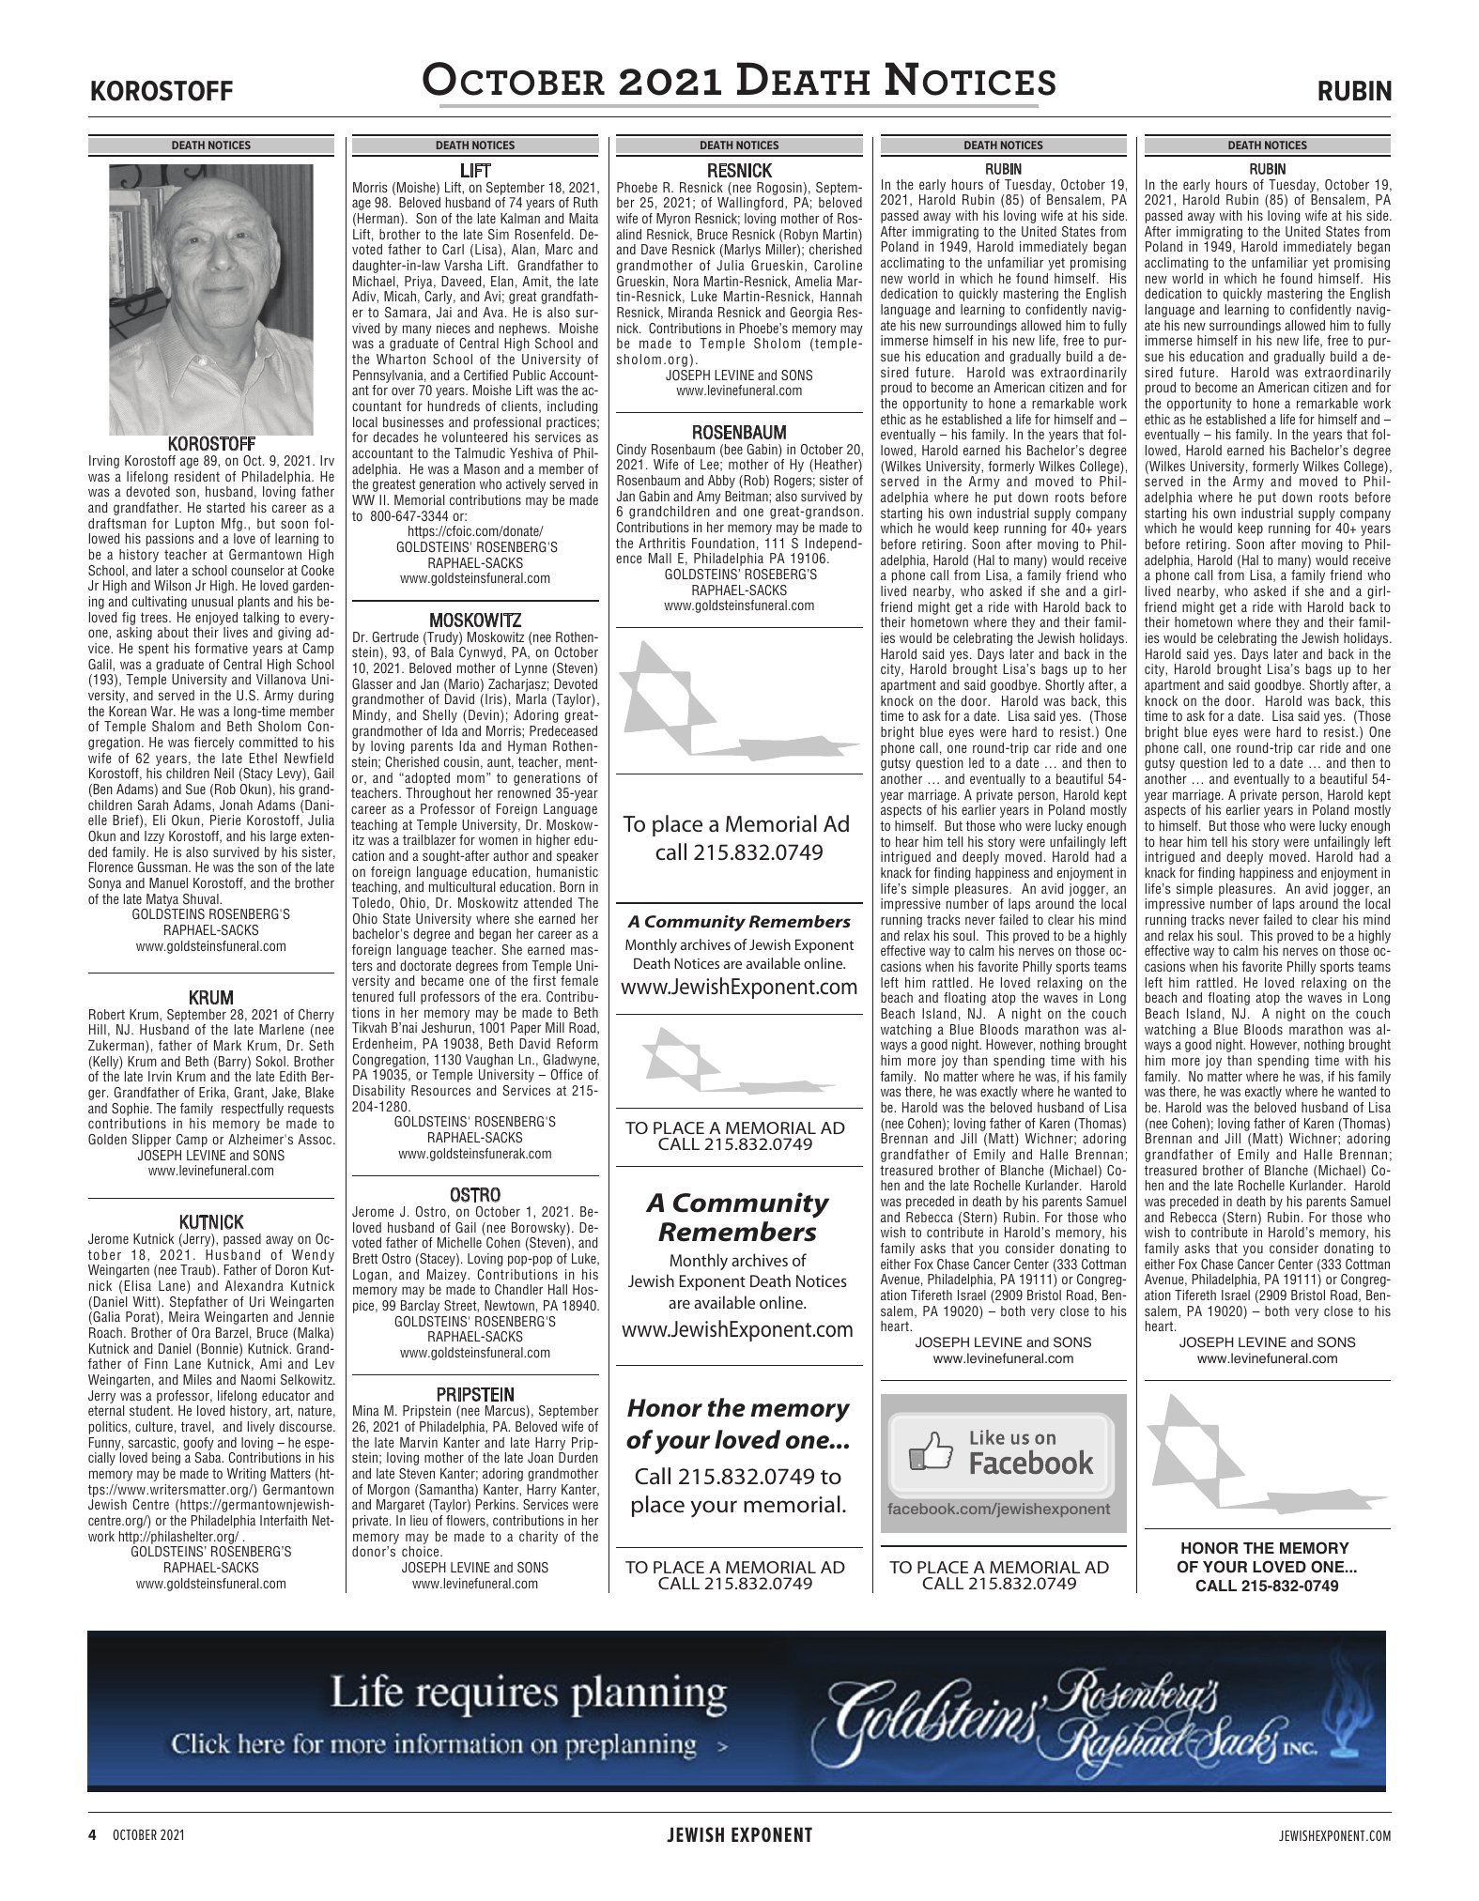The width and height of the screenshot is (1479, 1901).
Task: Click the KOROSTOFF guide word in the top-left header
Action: click(x=161, y=92)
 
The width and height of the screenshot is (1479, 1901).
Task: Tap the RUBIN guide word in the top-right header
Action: click(x=1354, y=92)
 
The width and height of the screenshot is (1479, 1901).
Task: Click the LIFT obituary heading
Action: click(x=474, y=171)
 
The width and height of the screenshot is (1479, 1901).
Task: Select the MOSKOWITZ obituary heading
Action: click(x=474, y=621)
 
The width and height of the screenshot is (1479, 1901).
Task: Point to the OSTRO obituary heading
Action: click(x=474, y=1195)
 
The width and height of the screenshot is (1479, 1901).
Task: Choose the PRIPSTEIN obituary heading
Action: click(x=474, y=1394)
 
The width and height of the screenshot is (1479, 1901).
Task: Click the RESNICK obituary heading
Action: click(x=739, y=171)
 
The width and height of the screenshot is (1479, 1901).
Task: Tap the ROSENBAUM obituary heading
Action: click(x=739, y=433)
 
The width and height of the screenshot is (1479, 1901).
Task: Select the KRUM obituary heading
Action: click(x=210, y=997)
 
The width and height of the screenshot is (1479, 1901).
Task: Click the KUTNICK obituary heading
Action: click(x=210, y=1221)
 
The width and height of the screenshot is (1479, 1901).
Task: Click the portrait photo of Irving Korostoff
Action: click(x=211, y=299)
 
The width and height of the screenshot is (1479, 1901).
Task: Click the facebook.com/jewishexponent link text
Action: click(x=999, y=1510)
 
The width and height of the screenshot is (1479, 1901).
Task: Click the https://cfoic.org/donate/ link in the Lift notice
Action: click(x=474, y=531)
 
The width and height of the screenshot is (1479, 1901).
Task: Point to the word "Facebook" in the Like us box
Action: click(x=1030, y=1463)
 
